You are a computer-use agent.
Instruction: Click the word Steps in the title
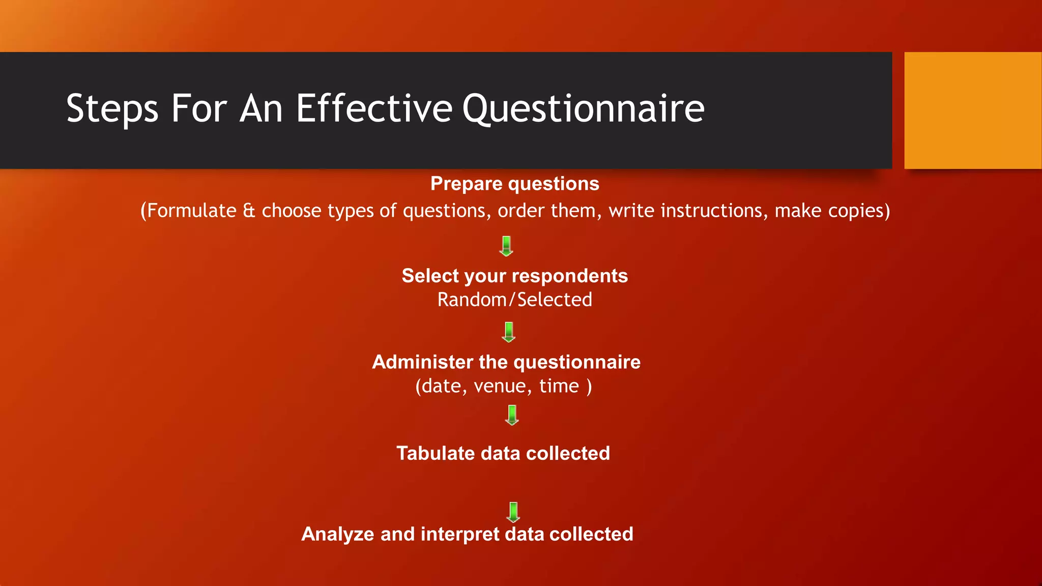[x=112, y=108]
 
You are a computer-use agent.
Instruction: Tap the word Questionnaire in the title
[x=583, y=108]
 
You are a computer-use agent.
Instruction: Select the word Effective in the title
[x=374, y=108]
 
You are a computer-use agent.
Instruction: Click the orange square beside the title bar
[x=972, y=110]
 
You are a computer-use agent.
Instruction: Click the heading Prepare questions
[x=514, y=184]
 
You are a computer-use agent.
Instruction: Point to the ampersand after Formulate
[x=249, y=211]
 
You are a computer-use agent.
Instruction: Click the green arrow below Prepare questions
[x=506, y=246]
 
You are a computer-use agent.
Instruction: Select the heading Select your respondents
[x=514, y=276]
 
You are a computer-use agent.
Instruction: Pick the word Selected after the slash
[x=555, y=300]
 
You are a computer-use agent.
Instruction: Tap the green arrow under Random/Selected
[x=509, y=332]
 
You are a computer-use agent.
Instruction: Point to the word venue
[x=500, y=386]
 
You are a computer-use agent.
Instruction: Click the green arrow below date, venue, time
[x=512, y=415]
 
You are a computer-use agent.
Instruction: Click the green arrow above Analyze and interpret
[x=513, y=512]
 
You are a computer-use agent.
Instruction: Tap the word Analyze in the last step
[x=337, y=534]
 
